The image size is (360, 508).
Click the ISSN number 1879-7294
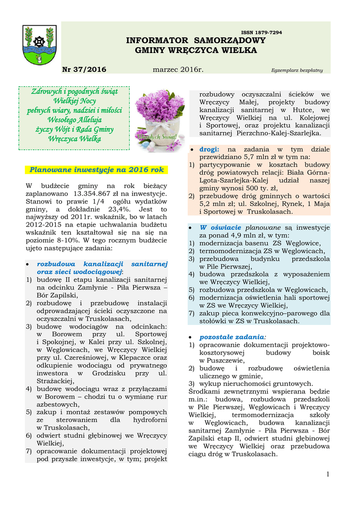click(261, 32)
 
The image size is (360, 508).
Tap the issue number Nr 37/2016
click(84, 70)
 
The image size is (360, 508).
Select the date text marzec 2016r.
click(178, 70)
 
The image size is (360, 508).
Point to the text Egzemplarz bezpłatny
click(296, 70)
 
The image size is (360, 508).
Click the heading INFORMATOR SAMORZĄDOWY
click(196, 40)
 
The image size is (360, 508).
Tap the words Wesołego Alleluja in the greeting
click(74, 120)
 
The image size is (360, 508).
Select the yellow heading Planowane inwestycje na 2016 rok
click(96, 170)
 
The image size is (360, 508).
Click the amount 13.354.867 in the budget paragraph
click(92, 193)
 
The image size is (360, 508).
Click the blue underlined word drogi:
click(209, 149)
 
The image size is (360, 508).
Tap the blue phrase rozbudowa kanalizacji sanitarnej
click(102, 264)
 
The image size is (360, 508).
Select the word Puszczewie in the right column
click(221, 361)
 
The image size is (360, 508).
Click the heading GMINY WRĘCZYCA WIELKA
click(196, 51)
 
